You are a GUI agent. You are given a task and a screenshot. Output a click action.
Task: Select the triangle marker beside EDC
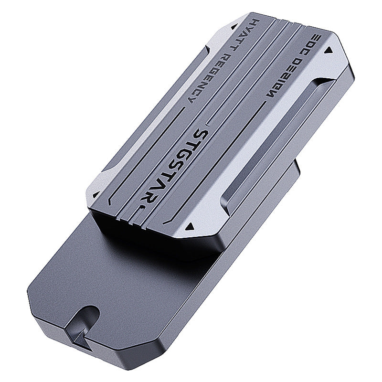coord(330,50)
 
